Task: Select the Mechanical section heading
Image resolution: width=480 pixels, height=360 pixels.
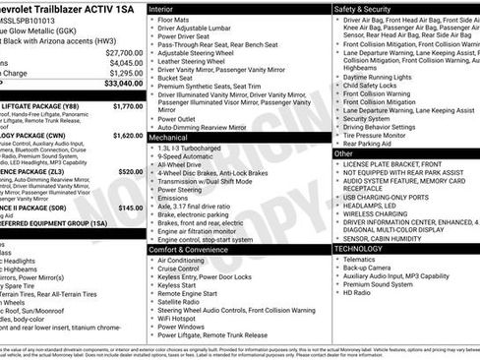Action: pyautogui.click(x=169, y=139)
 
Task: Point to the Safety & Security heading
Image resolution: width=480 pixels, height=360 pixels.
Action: pyautogui.click(x=364, y=7)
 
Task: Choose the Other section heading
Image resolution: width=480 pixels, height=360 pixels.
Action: pyautogui.click(x=345, y=153)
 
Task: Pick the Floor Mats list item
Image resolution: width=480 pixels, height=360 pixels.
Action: pyautogui.click(x=174, y=19)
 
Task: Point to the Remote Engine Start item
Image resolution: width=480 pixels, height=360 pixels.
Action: pyautogui.click(x=191, y=293)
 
